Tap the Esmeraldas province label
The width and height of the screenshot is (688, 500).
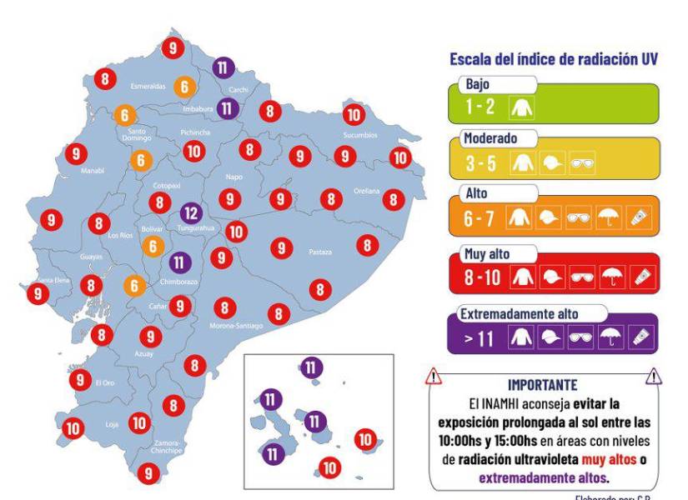[148, 86]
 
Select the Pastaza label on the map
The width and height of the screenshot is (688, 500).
[320, 250]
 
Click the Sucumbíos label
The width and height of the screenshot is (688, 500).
[359, 134]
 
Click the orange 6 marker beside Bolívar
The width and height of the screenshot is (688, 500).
[153, 246]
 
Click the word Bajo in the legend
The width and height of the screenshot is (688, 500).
[479, 85]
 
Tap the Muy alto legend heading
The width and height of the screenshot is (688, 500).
[486, 254]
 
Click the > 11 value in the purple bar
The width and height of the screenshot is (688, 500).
[482, 338]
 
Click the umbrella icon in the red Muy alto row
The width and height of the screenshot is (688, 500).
[611, 278]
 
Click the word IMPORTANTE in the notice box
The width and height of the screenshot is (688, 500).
[542, 385]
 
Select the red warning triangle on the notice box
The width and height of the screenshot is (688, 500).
[434, 377]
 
